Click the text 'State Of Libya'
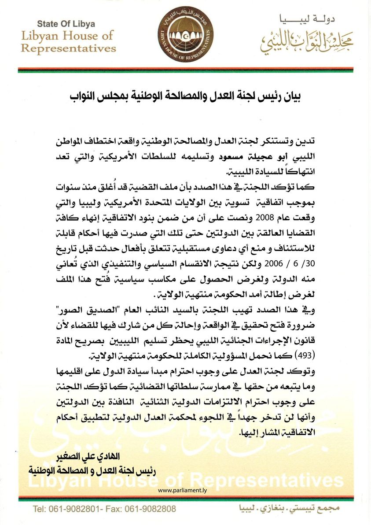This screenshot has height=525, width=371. pos(66,24)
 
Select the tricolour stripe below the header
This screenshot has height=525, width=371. pos(185,70)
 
